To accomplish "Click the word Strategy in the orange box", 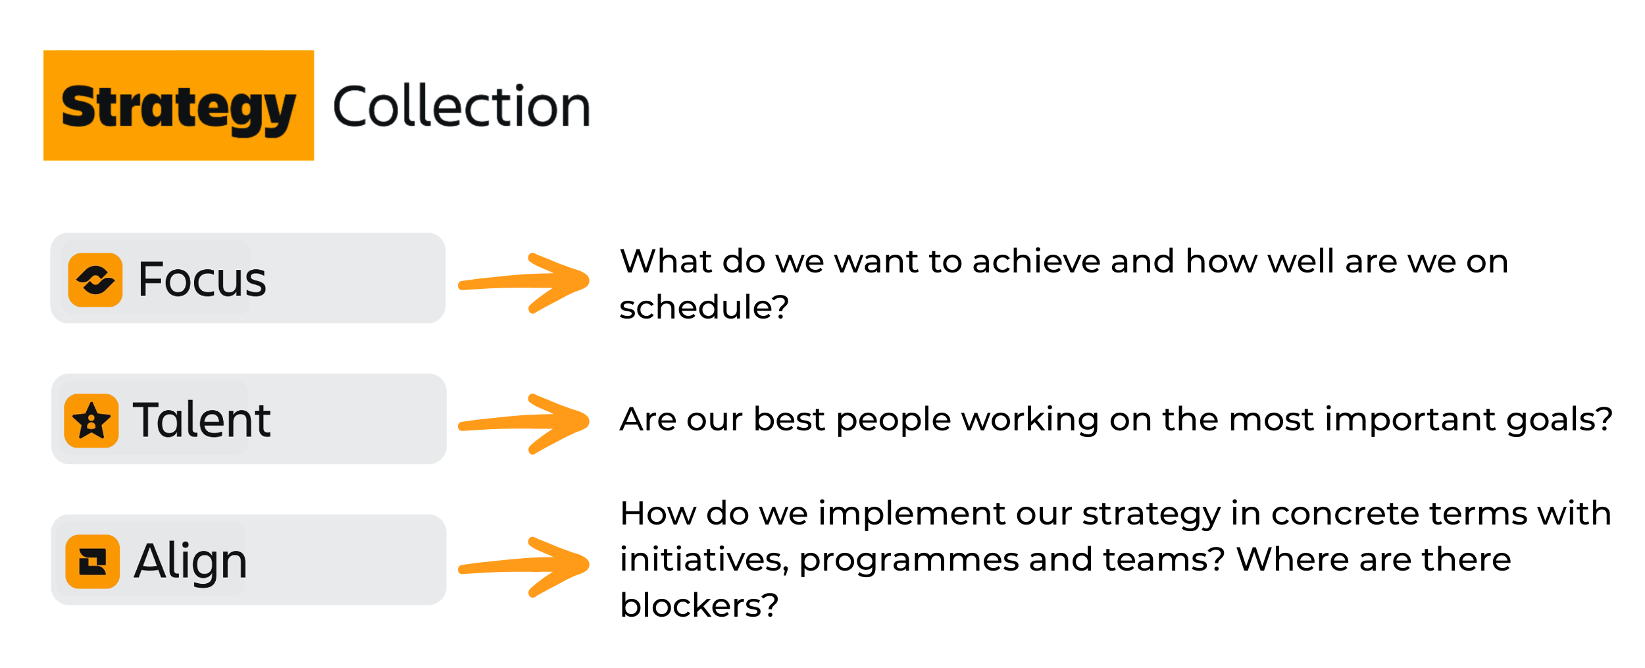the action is pyautogui.click(x=178, y=109).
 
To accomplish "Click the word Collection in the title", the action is pyautogui.click(x=462, y=106).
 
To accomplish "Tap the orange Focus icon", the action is pyautogui.click(x=95, y=280).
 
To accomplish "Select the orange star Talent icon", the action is pyautogui.click(x=91, y=421).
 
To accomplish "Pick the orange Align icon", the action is pyautogui.click(x=93, y=561).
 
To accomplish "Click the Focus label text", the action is pyautogui.click(x=202, y=279).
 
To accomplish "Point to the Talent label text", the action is pyautogui.click(x=201, y=419).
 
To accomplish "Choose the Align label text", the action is pyautogui.click(x=191, y=561).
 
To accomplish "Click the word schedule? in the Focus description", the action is pyautogui.click(x=704, y=307).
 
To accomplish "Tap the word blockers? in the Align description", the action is pyautogui.click(x=699, y=605).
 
